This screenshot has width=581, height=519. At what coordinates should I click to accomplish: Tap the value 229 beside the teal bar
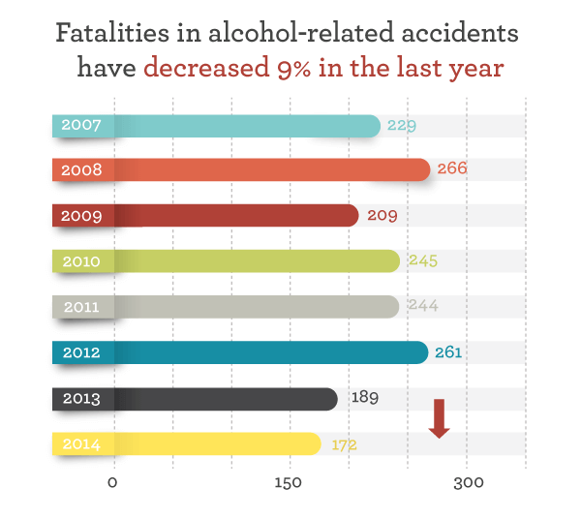[x=401, y=125]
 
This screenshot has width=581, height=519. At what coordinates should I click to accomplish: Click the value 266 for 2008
[x=452, y=168]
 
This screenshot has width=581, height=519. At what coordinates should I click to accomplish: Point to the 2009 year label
[x=81, y=216]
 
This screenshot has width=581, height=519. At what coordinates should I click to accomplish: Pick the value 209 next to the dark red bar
[x=382, y=215]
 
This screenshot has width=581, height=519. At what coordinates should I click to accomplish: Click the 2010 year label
[x=80, y=261]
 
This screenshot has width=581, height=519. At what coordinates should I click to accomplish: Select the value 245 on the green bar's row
[x=423, y=260]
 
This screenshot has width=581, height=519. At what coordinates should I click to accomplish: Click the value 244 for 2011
[x=423, y=306]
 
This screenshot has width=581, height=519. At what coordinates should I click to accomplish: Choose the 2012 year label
[x=81, y=352]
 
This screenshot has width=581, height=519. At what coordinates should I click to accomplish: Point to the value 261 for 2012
[x=448, y=352]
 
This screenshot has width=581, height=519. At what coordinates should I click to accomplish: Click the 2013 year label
[x=81, y=398]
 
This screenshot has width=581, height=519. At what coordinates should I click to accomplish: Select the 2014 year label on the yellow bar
[x=80, y=444]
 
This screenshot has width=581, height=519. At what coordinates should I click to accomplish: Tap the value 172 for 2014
[x=346, y=444]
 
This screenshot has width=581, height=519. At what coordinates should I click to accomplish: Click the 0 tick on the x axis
[x=113, y=483]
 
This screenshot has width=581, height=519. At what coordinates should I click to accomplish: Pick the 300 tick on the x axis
[x=468, y=483]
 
